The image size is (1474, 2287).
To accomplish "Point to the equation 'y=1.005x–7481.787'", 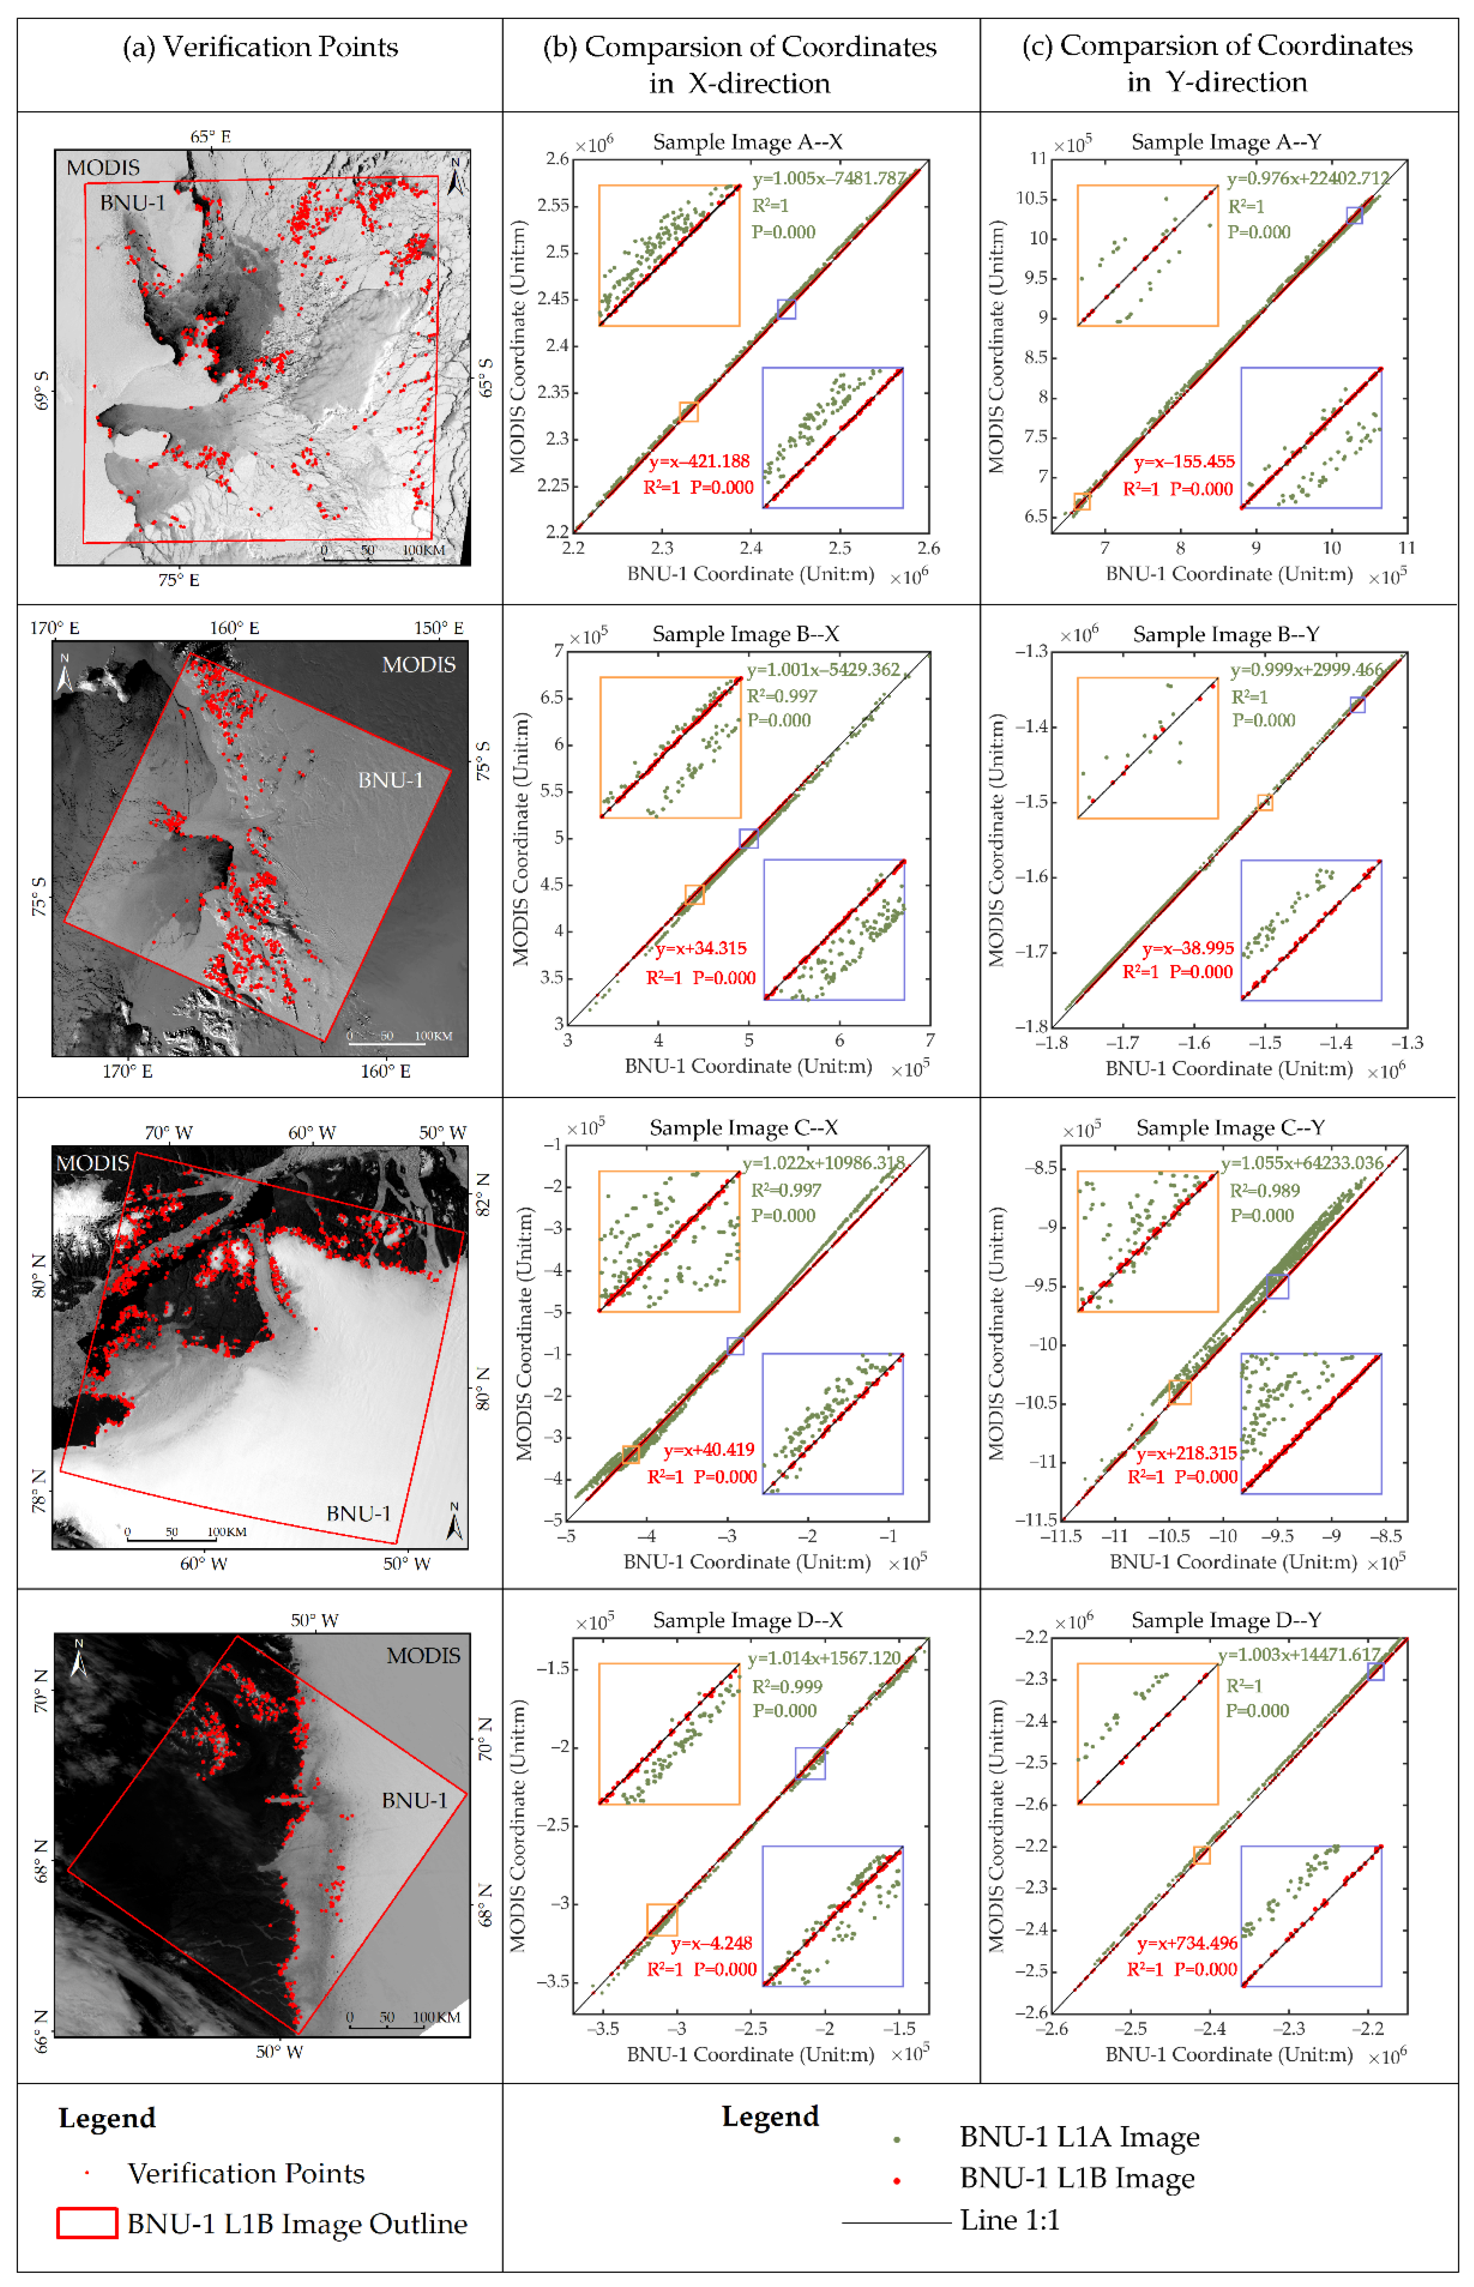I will [x=829, y=179].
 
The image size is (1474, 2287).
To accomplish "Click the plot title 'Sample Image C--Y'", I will [x=1230, y=1128].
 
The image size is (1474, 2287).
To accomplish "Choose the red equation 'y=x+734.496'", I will [x=1187, y=1944].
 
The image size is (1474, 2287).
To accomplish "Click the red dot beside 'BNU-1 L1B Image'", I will [x=897, y=2180].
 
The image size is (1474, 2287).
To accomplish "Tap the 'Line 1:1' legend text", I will [x=1010, y=2220].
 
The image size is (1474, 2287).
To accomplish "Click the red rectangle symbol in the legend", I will [x=87, y=2223].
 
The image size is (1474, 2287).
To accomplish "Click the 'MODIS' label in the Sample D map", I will [x=423, y=1655].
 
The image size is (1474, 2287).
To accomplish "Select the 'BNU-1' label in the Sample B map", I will [x=390, y=780].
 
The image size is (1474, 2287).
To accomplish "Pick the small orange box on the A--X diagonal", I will [x=688, y=412].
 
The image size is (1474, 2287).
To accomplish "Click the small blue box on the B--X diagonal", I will [x=748, y=839].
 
